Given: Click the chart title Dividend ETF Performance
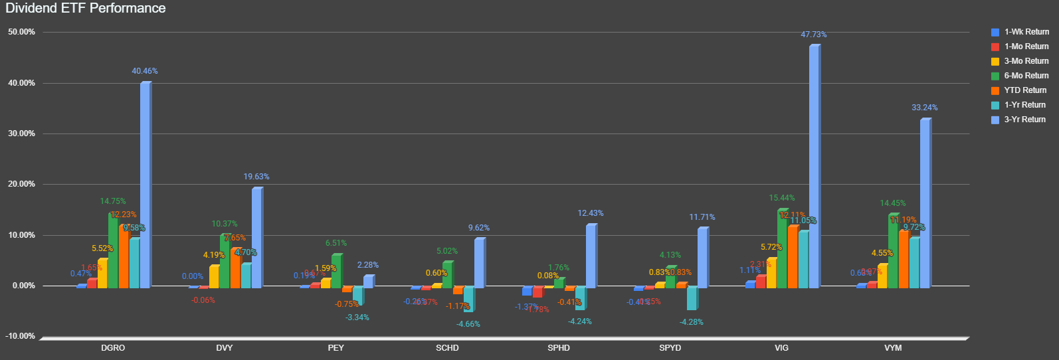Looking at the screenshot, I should point(86,9).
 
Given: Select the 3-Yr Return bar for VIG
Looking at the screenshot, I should point(814,166).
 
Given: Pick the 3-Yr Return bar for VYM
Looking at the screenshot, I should point(925,203).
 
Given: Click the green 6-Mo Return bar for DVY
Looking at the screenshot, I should point(225,261).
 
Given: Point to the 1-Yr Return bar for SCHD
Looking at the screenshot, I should point(468,299).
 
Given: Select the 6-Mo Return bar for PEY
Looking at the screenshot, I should point(336,271).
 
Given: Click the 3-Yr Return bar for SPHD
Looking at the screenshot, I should point(591,256).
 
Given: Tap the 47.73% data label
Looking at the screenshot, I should point(814,35).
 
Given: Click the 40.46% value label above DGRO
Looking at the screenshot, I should point(145,71).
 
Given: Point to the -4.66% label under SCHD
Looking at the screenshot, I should point(468,324).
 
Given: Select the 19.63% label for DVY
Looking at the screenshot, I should point(256,177).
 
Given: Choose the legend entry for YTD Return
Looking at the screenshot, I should point(1024,90).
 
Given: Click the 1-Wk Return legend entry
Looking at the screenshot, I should point(1026,32).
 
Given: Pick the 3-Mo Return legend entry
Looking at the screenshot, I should point(1026,61).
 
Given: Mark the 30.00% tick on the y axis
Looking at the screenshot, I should point(21,134).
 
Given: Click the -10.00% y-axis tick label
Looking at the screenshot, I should point(21,336).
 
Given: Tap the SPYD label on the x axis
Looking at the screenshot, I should point(670,348).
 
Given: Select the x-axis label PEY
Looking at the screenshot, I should point(336,348).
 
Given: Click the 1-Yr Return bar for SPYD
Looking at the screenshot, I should point(691,298).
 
